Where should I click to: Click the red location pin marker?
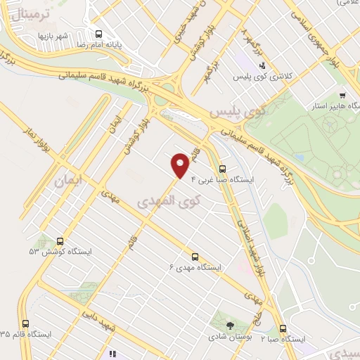(x=181, y=165)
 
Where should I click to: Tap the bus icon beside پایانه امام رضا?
(x=99, y=34)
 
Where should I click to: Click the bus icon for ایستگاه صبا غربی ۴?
(x=223, y=169)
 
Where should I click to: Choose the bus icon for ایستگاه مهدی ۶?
(x=195, y=256)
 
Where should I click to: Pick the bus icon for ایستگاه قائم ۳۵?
(x=26, y=323)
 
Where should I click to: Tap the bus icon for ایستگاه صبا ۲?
(x=283, y=328)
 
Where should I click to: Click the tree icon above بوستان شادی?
(x=230, y=325)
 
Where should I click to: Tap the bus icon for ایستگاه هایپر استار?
(x=342, y=96)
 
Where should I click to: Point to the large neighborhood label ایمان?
(x=69, y=181)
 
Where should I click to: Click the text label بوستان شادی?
(x=229, y=337)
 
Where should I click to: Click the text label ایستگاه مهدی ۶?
(x=195, y=267)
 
